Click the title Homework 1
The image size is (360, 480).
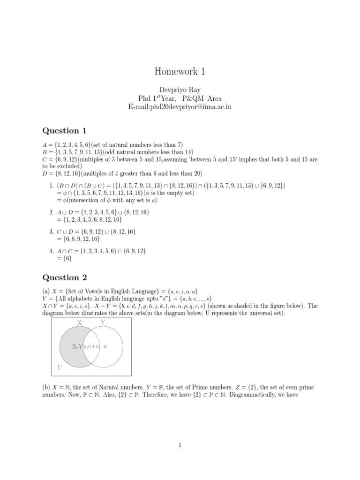coord(180,72)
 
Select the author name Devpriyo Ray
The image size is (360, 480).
coord(180,90)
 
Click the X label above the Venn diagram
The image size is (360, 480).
coord(79,322)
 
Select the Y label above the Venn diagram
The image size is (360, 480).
coord(103,322)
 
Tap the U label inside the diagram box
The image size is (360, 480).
coord(60,367)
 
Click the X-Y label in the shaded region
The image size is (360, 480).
coord(77,346)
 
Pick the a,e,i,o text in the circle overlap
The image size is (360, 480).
coord(92,346)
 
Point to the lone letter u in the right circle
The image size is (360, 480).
coord(105,346)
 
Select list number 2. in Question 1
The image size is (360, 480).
coord(52,212)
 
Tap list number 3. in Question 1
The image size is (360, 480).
coord(52,232)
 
